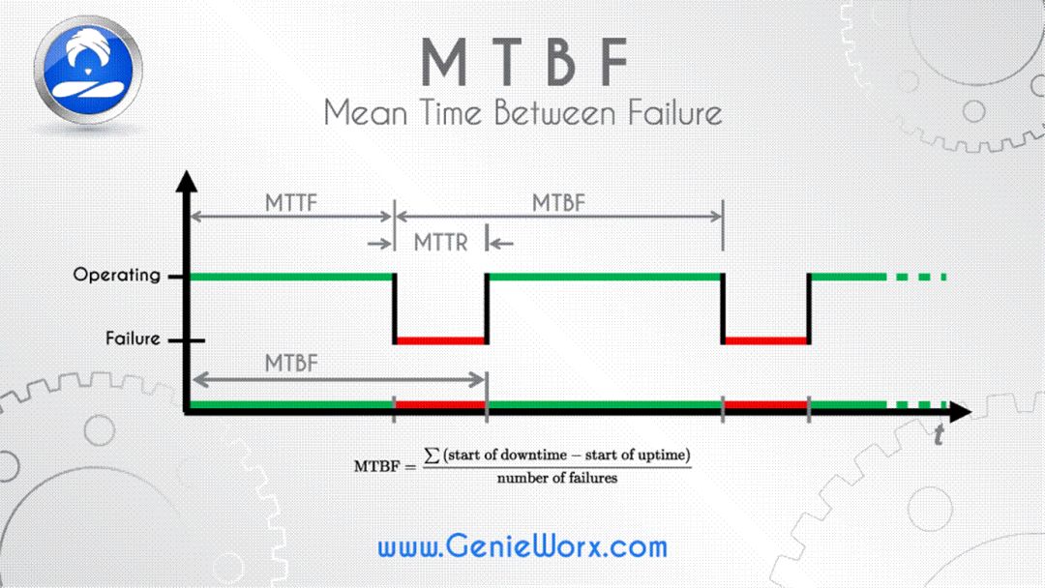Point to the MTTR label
pyautogui.click(x=440, y=242)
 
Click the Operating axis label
pyautogui.click(x=116, y=275)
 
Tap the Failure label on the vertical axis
pyautogui.click(x=133, y=339)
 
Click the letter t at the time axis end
pyautogui.click(x=938, y=437)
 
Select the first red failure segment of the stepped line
pyautogui.click(x=440, y=340)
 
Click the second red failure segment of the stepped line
pyautogui.click(x=766, y=340)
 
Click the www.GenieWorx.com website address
pyautogui.click(x=522, y=546)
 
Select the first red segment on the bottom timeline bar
pyautogui.click(x=440, y=404)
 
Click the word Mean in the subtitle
pyautogui.click(x=364, y=112)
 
